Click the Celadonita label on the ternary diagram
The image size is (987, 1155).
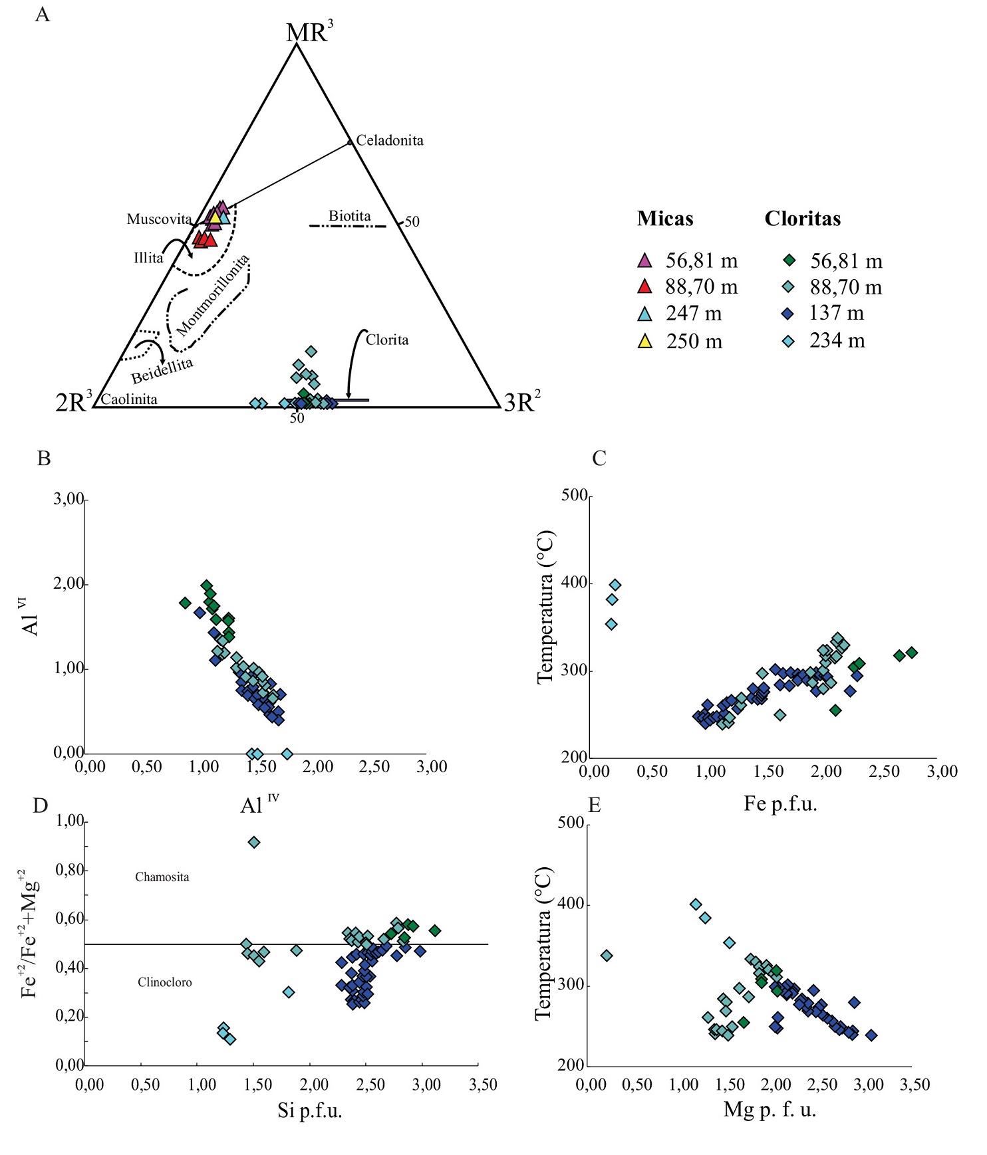coord(389,140)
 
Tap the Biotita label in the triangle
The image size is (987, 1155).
coord(349,216)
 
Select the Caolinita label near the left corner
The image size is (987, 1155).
coord(129,399)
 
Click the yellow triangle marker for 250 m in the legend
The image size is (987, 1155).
coord(644,342)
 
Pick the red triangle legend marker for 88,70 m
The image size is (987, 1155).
coord(644,287)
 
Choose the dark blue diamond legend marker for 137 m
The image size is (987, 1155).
coord(788,314)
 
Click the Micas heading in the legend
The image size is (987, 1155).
coord(665,219)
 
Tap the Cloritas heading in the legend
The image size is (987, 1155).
coord(802,219)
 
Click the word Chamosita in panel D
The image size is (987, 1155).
coord(162,877)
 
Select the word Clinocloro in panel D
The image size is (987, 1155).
coord(164,982)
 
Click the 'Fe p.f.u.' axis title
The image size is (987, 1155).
coord(780,804)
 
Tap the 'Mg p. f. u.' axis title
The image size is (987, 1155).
coord(770,1109)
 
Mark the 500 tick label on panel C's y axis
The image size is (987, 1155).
coord(574,495)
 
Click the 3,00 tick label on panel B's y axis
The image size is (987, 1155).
coord(69,499)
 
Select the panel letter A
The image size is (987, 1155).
coord(43,15)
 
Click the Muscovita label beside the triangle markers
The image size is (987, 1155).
coord(159,219)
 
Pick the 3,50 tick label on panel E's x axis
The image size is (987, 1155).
coord(915,1085)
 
